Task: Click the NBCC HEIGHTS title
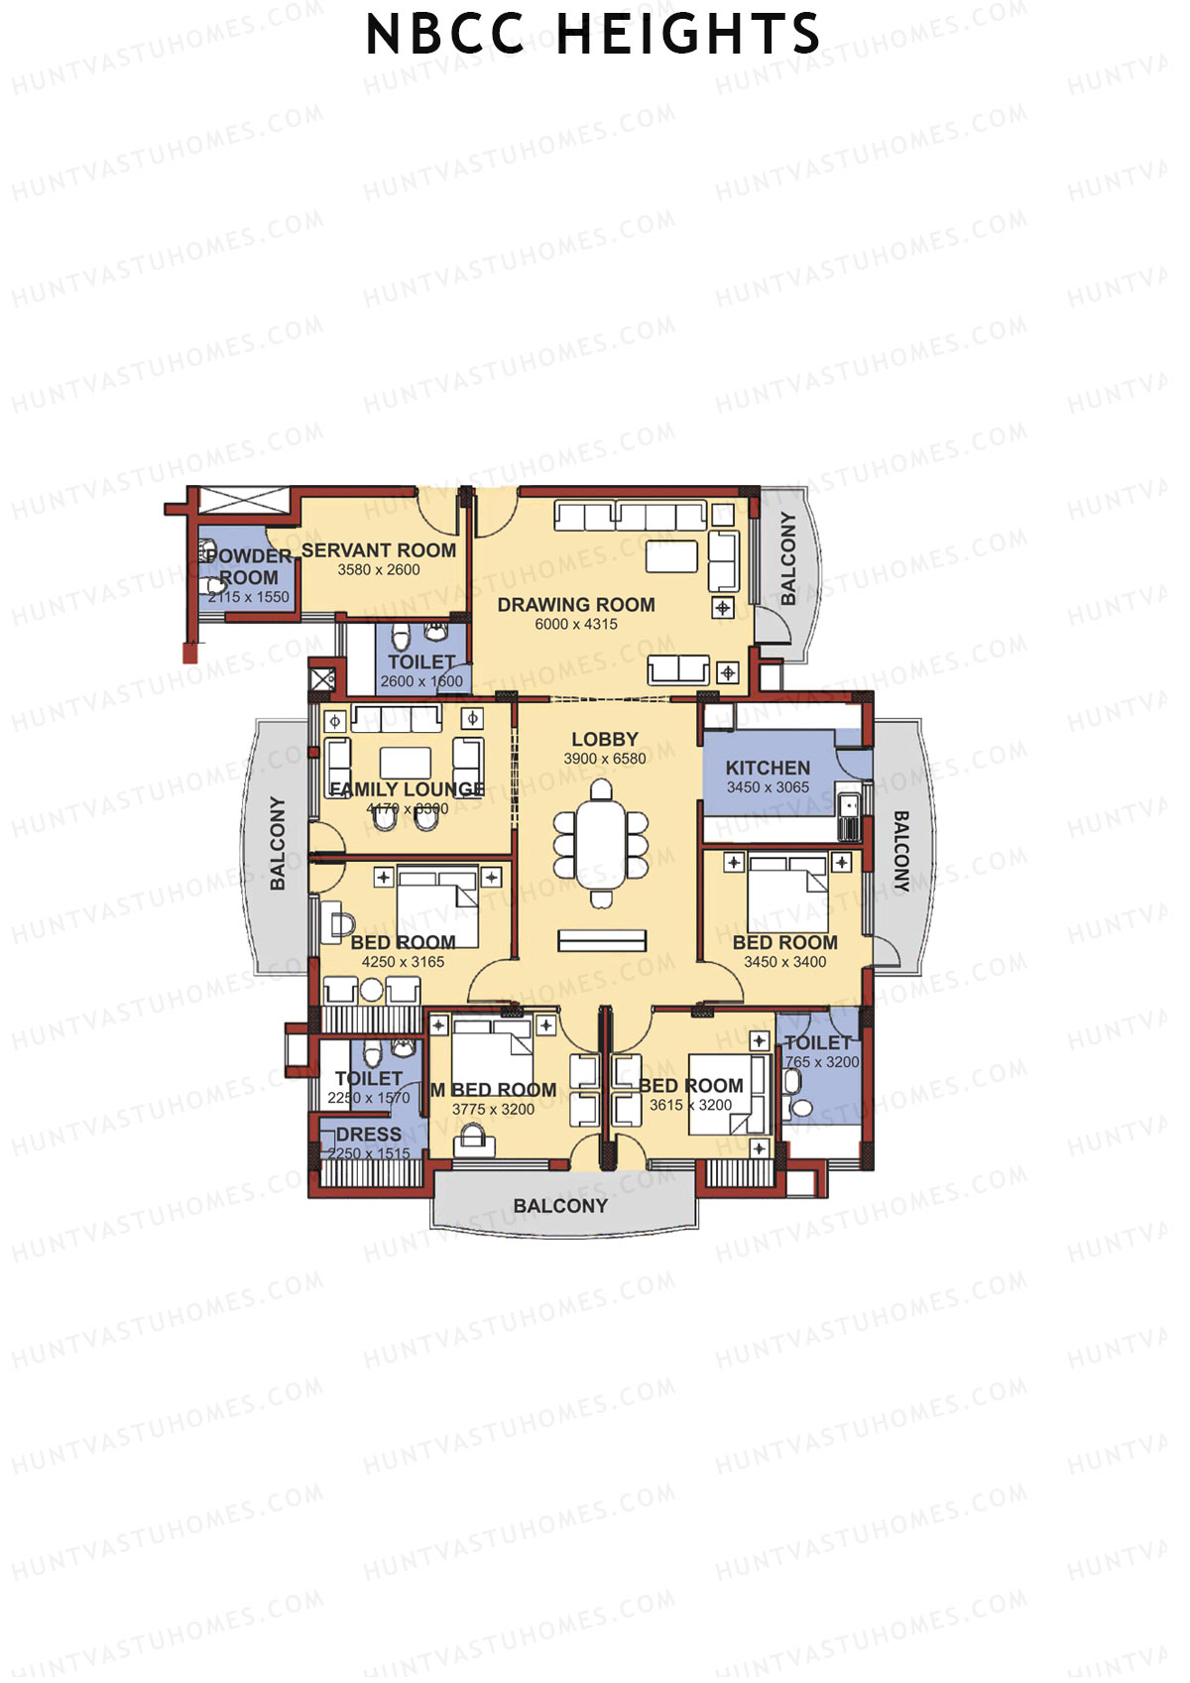pos(593,36)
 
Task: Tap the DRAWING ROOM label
pos(575,604)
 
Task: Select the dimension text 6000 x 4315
pos(575,624)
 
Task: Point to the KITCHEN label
pos(768,768)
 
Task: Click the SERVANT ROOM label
pos(379,550)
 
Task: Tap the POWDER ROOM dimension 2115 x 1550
pos(249,597)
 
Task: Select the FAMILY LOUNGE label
pos(407,789)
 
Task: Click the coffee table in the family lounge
pos(405,762)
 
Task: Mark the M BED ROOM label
pos(493,1090)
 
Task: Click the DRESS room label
pos(368,1135)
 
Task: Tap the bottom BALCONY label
pos(560,1206)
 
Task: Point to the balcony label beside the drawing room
pos(788,558)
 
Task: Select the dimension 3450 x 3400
pos(784,962)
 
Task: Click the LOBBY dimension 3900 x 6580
pos(604,759)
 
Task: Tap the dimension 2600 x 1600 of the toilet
pos(421,681)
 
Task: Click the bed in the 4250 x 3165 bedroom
pos(437,904)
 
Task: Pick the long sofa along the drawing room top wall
pos(630,515)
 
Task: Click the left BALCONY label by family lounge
pos(278,843)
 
